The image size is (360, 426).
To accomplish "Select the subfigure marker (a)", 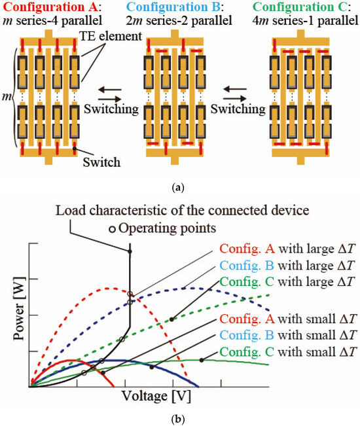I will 179,188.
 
